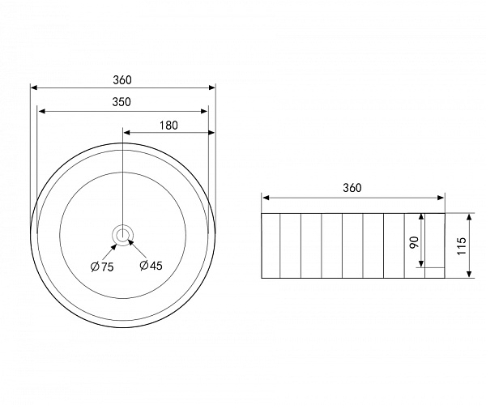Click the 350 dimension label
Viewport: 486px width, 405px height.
point(122,102)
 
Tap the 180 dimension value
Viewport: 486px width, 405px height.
point(168,126)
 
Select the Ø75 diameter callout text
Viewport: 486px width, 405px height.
point(102,266)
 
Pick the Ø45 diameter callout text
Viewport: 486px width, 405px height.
point(151,266)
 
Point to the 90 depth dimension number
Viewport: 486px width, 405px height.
point(414,241)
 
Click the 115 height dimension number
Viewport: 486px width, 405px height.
point(462,246)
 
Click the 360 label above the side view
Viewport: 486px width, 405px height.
point(352,188)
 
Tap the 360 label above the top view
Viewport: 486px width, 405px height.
point(122,80)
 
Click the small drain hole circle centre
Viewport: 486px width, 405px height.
point(123,234)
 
